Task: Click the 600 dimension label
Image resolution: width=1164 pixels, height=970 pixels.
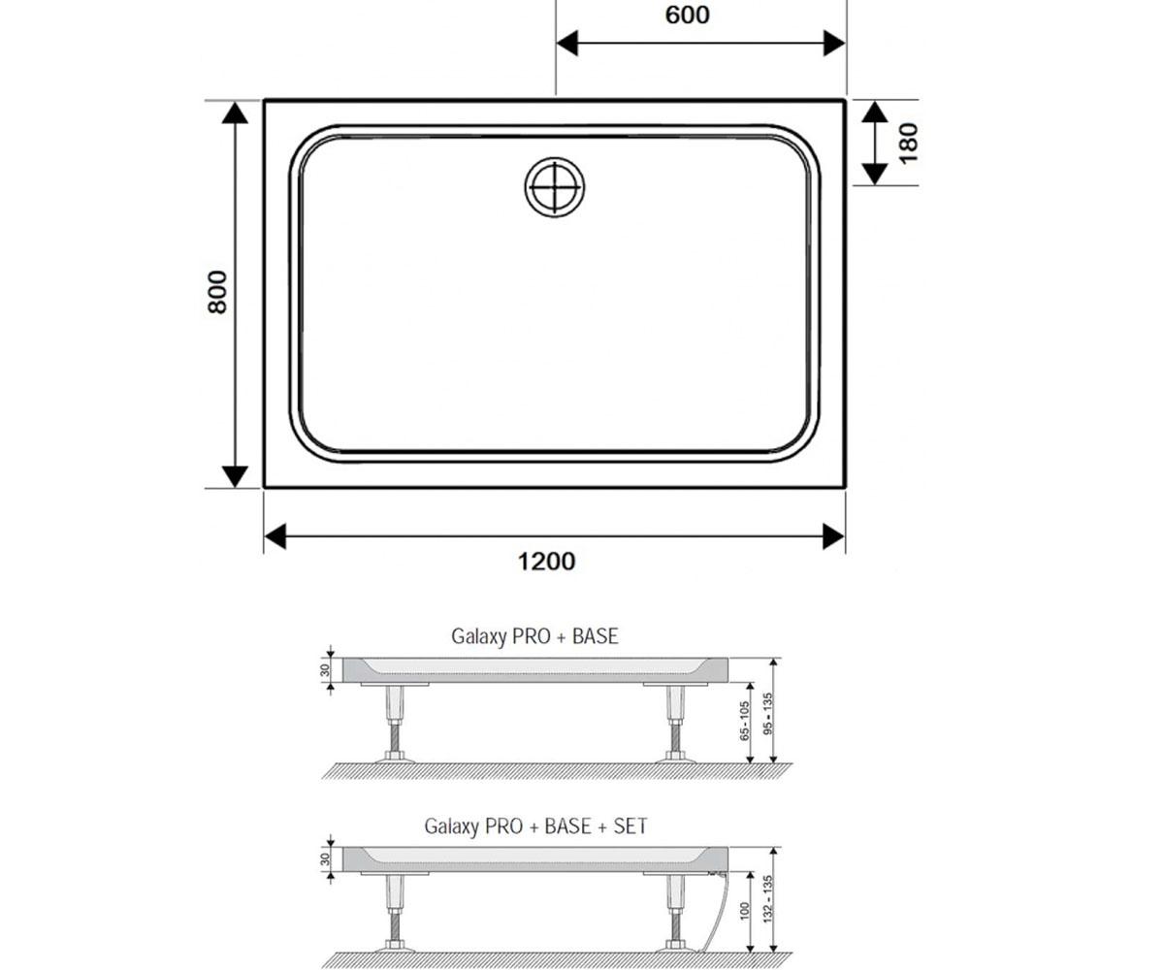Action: click(x=687, y=16)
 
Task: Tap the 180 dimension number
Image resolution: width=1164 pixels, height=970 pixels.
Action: click(x=909, y=144)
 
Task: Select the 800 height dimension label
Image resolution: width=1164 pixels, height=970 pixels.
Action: click(x=217, y=292)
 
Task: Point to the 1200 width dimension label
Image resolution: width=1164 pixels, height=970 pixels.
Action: click(x=546, y=562)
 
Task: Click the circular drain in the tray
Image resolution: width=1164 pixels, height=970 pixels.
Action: click(x=554, y=187)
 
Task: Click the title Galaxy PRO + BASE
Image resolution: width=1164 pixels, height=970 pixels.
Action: click(x=534, y=636)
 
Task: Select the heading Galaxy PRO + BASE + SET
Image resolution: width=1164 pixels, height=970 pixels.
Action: click(x=535, y=825)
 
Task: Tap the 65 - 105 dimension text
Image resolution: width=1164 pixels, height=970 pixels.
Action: click(x=744, y=721)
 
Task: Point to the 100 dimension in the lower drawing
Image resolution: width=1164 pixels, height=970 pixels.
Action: click(x=744, y=911)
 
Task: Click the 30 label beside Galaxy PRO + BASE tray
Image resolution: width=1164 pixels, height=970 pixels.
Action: click(x=325, y=670)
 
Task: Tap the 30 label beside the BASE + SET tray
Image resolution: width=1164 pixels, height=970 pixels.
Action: click(x=325, y=859)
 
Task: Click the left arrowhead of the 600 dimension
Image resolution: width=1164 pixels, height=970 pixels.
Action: click(x=566, y=44)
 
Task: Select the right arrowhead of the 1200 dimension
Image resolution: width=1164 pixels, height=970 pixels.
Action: click(x=834, y=536)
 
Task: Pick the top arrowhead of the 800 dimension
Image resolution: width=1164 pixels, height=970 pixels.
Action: click(x=235, y=113)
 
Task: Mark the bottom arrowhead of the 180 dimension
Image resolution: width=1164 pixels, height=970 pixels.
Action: click(x=875, y=174)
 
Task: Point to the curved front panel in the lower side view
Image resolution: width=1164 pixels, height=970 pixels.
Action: click(x=718, y=912)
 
